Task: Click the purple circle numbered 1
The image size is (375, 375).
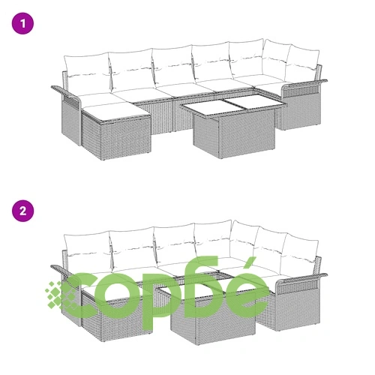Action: pos(22,24)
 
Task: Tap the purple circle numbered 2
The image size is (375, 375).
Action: pos(22,211)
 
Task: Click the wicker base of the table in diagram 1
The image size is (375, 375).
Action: pos(234,135)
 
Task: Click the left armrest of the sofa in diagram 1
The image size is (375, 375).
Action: pos(66,92)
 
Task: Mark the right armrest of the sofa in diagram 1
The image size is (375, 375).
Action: pos(304,85)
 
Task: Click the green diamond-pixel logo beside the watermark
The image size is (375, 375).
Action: pos(58,295)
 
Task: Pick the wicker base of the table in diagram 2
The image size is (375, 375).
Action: pos(213,317)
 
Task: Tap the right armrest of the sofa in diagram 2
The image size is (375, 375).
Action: pos(301,279)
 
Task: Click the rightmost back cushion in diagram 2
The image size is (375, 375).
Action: pos(301,253)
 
